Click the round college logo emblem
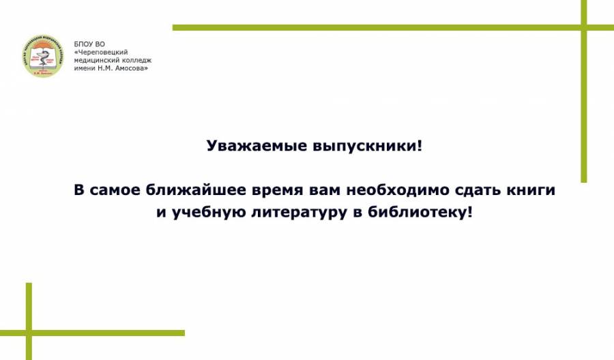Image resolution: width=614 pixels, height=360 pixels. click(x=43, y=56)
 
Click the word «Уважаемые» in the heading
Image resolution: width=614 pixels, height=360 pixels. click(x=257, y=146)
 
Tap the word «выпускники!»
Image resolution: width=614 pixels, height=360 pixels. click(x=368, y=147)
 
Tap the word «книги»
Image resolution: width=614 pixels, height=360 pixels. click(x=531, y=190)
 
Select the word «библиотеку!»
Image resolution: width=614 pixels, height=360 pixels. click(x=420, y=213)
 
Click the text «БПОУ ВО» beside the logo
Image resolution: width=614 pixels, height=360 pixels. click(x=89, y=44)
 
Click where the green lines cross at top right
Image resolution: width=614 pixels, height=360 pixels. click(x=584, y=27)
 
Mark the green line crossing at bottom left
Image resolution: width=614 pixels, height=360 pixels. click(x=29, y=333)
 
